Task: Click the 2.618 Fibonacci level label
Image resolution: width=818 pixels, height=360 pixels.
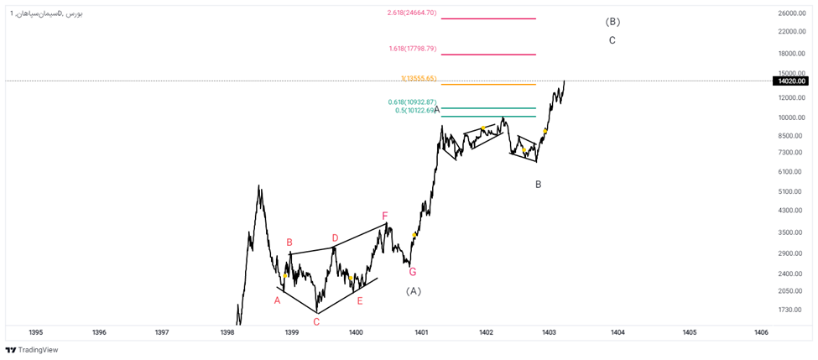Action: pos(412,13)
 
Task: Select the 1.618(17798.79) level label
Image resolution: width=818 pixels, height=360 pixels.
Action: pos(413,49)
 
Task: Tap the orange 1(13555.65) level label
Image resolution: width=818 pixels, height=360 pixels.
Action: pos(419,79)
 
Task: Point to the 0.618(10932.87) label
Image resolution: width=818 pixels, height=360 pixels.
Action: pos(412,102)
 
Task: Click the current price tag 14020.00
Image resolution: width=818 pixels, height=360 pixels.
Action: pos(791,81)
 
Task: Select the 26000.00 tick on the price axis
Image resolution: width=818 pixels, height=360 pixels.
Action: pos(791,13)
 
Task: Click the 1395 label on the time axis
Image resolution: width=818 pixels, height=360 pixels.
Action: pos(36,333)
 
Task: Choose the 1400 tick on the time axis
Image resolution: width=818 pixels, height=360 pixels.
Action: pos(356,333)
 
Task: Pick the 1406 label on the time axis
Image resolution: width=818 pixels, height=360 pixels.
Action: pos(761,333)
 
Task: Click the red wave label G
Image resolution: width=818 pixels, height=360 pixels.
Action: pos(413,272)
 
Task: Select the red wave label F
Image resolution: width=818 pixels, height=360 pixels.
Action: pos(385,216)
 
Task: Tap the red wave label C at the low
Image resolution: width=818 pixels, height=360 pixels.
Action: pos(316,321)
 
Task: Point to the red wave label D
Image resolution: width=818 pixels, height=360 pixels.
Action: pos(335,238)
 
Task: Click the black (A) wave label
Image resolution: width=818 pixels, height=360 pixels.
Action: pos(413,291)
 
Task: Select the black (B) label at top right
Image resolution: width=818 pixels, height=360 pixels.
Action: pos(612,21)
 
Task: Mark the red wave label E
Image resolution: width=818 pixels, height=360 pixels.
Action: pos(360,300)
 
